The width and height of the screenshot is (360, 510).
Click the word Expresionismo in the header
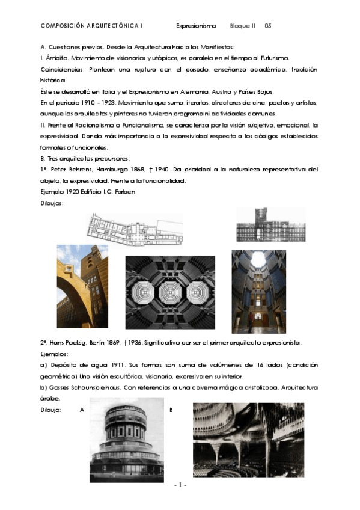click(195, 26)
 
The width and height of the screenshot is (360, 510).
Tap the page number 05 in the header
click(268, 26)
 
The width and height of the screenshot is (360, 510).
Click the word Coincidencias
click(59, 69)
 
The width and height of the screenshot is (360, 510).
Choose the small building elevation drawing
click(270, 224)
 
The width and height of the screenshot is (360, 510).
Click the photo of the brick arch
click(82, 281)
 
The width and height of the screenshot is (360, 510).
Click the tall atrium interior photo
click(258, 291)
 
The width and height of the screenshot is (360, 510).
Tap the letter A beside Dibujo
click(81, 410)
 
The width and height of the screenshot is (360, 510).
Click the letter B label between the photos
click(171, 410)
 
